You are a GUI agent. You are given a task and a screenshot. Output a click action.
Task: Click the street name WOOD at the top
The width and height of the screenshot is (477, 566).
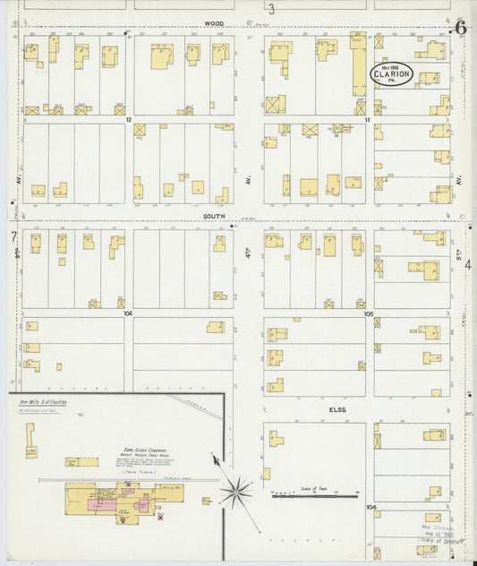coord(212,24)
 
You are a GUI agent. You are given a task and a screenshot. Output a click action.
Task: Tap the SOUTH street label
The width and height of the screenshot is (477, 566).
coord(214,216)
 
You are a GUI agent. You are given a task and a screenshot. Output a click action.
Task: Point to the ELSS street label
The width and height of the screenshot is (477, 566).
coord(336,409)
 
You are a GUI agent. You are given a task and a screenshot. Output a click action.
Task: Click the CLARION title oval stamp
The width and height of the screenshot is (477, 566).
coord(392,75)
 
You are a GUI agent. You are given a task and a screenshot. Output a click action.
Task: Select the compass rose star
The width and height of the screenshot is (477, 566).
coord(237,490)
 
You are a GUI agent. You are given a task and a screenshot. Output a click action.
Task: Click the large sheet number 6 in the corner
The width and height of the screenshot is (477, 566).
coord(460,28)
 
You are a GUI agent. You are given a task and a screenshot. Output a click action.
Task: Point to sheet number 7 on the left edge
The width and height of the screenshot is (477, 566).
coord(13,236)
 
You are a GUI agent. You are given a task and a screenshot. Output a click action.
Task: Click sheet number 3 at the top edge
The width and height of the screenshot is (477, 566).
coord(270,10)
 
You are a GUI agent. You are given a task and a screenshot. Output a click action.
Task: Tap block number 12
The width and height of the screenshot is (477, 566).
coord(129,118)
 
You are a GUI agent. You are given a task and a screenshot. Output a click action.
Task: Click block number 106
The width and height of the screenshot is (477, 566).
coord(129,313)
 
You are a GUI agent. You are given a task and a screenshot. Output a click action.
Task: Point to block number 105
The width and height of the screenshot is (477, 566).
coord(368,313)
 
